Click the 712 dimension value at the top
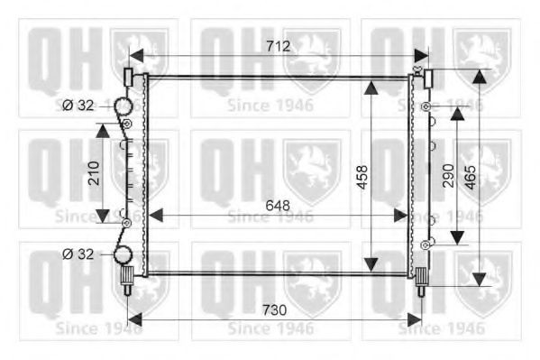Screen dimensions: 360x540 [x=277, y=46]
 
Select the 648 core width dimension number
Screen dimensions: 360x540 [x=277, y=205]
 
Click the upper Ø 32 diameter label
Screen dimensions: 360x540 [x=78, y=106]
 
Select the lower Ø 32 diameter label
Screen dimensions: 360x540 [x=78, y=254]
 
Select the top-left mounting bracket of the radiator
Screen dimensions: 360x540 [x=129, y=76]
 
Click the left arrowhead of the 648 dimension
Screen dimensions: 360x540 [x=154, y=215]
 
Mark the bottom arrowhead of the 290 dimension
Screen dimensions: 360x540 [x=457, y=237]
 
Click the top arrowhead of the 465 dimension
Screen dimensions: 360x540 [x=479, y=76]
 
